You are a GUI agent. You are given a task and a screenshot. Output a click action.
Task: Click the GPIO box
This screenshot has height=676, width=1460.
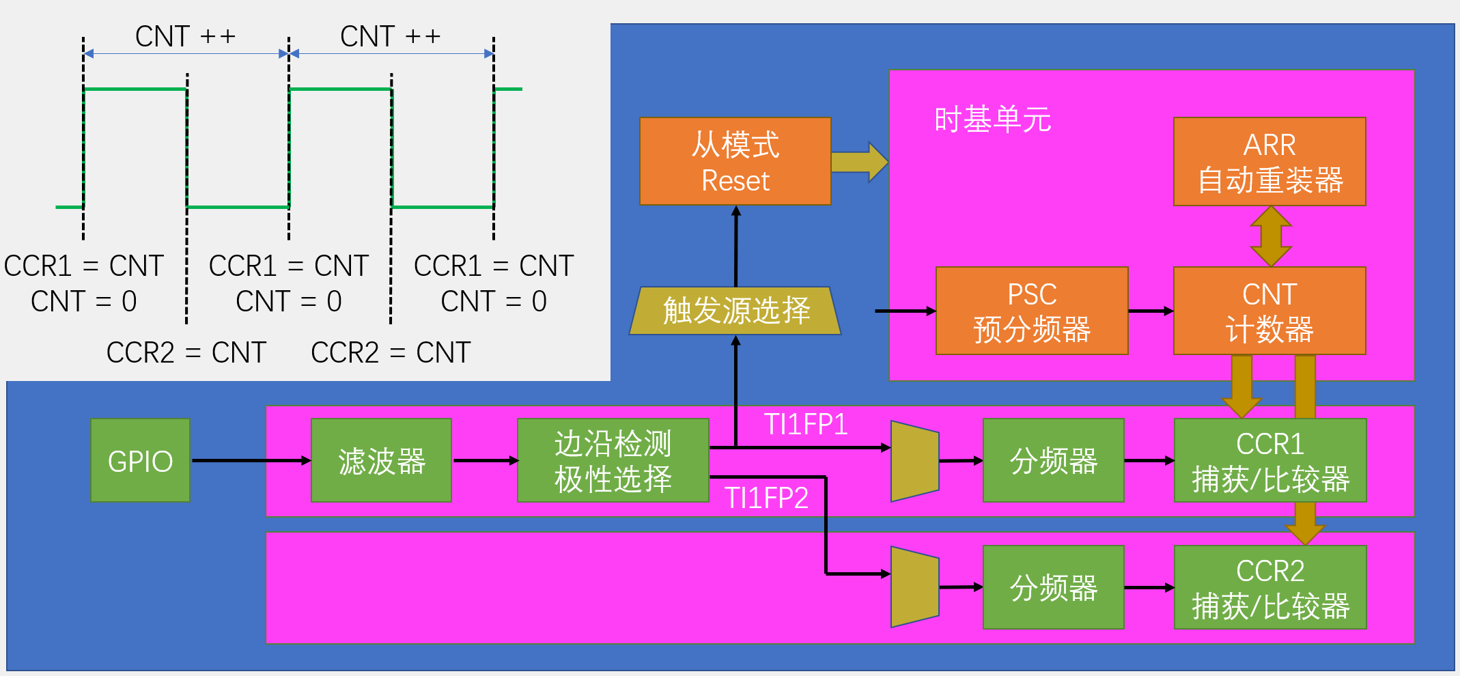pos(140,460)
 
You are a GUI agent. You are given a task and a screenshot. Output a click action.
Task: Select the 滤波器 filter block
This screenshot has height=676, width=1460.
pos(381,460)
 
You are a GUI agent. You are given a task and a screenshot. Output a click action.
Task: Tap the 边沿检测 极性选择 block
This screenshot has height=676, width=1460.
pos(613,460)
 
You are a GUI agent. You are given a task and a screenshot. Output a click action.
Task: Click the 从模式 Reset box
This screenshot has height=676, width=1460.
pos(735,162)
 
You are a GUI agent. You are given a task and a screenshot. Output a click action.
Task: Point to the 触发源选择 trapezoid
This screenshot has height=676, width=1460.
pos(735,311)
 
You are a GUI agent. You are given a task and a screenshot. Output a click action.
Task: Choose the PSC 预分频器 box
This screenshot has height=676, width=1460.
pos(1031,311)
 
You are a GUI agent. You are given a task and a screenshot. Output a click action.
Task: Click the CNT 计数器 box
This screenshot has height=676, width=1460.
pos(1269,311)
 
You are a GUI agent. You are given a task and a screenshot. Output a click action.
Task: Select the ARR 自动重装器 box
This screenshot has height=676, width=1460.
pos(1269,162)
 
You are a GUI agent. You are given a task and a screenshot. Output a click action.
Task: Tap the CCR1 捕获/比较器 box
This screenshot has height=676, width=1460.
pos(1269,460)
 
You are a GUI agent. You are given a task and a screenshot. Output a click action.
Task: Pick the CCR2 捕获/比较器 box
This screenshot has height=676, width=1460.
pos(1269,587)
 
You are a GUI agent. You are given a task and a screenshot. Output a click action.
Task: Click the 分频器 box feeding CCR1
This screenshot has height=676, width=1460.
pos(1053,460)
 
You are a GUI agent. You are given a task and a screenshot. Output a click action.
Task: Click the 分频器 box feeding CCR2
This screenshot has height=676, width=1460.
pos(1053,587)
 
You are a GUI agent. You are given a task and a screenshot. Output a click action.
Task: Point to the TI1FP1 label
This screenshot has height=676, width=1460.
pos(806,425)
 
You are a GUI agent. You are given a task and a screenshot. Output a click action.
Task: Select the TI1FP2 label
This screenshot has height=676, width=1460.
pos(766,498)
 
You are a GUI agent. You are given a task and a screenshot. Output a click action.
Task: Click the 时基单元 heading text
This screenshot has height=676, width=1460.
pos(992,119)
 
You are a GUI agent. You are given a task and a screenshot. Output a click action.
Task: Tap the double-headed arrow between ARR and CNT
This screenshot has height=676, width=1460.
pos(1270,236)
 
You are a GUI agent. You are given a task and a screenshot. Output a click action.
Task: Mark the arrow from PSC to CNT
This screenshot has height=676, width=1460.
pos(1151,311)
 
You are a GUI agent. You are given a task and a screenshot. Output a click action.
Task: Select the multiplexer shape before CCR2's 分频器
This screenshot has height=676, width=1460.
pos(914,587)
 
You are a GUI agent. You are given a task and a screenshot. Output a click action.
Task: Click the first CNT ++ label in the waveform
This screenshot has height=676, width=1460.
pos(185,36)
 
